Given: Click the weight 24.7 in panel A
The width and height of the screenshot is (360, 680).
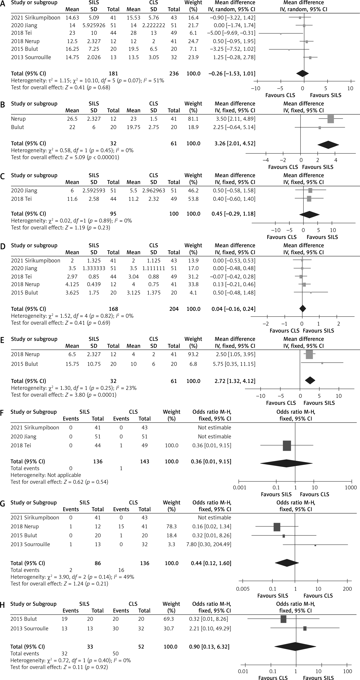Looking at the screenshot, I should pyautogui.click(x=193, y=41).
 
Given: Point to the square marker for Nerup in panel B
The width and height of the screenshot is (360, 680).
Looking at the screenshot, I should pyautogui.click(x=331, y=119).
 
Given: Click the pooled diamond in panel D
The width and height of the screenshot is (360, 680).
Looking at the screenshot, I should pyautogui.click(x=302, y=308).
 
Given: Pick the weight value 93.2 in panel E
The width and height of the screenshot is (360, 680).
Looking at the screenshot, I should pyautogui.click(x=193, y=354).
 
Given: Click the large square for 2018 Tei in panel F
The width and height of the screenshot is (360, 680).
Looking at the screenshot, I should pyautogui.click(x=287, y=446).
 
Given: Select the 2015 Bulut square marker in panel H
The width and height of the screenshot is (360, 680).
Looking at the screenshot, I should pyautogui.click(x=283, y=619).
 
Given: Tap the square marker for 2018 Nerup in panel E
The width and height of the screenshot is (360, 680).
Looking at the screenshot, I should pyautogui.click(x=309, y=354).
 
